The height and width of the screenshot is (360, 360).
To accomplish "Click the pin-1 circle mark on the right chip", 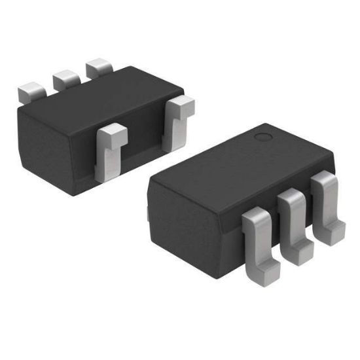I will pos(263,137).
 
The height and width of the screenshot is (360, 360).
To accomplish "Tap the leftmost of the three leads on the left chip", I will pos(29,91).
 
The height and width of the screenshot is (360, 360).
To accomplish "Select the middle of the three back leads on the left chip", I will pos(65,79).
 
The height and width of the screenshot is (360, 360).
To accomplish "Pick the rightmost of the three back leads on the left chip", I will pos(99,67).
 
